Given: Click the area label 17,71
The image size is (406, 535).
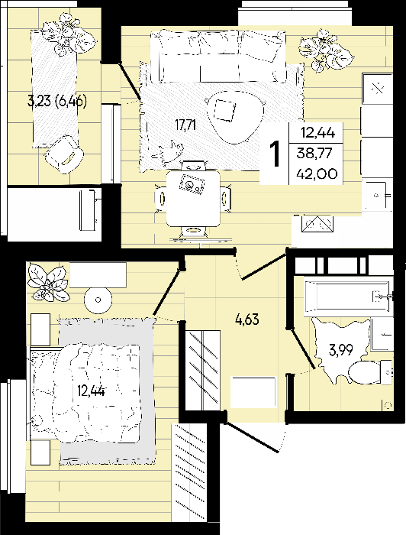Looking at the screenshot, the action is tap(185, 125).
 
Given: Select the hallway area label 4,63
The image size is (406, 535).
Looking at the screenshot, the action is tap(247, 319).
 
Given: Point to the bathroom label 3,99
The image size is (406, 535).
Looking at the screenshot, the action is tap(340, 350).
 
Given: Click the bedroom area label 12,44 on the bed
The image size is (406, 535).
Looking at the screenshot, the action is tap(91, 391).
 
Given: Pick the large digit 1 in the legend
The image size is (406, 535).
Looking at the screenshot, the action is tap(275, 154).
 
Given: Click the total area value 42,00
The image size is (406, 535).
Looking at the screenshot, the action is tap(317, 173).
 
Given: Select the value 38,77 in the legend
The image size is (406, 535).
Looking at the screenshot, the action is tap(314, 153).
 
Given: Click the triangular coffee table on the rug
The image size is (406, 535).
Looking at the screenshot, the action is tap(234, 116).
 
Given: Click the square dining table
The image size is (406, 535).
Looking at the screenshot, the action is tap(193, 199).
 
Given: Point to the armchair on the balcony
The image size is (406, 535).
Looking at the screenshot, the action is tap(63, 154).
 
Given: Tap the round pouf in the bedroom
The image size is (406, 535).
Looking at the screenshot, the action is tap(98, 300).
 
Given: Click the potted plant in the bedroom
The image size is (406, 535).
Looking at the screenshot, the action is tap(49, 282).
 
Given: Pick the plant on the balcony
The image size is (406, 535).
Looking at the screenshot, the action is tap(69, 34).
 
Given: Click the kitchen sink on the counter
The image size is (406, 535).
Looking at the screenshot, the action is tap(378, 195).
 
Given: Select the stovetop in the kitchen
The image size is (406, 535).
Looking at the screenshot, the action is tap(378, 89).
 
